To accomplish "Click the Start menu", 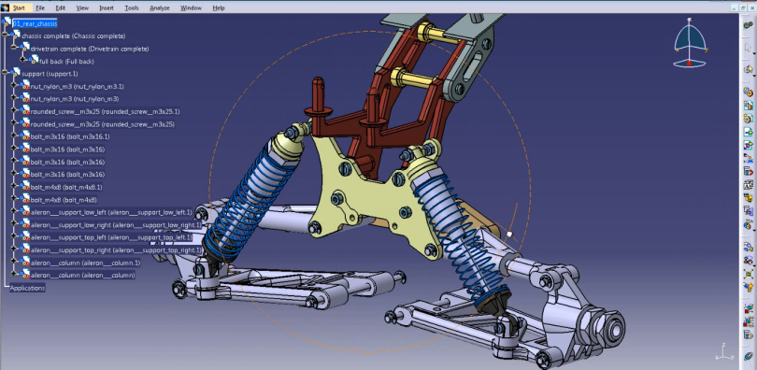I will coord(18,7).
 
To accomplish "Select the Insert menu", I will coord(107,7).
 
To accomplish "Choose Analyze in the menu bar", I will coord(160,7).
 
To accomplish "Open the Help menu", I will coord(219,7).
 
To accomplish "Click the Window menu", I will coord(191,7).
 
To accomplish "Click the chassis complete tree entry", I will coord(74,36).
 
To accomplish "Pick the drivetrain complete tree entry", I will coord(88,49).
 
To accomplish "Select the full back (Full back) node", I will coord(67,61).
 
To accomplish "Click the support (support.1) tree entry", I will coord(50,73).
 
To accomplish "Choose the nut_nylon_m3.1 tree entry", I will coord(77,86).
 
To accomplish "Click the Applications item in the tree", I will coord(27,288).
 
